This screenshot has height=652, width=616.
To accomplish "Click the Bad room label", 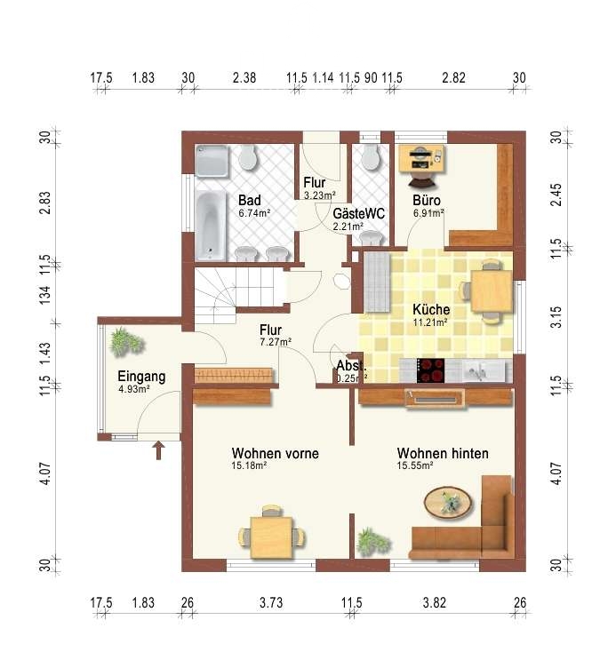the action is click(x=249, y=201).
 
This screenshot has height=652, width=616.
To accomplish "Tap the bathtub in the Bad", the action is click(x=212, y=225).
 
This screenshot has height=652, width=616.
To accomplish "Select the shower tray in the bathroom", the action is click(x=212, y=161).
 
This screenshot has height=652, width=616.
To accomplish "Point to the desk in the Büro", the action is click(x=421, y=158).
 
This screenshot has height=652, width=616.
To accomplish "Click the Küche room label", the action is click(x=431, y=310).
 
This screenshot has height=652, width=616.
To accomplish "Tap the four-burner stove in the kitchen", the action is click(x=430, y=370).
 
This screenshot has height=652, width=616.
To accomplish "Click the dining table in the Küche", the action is click(x=492, y=290).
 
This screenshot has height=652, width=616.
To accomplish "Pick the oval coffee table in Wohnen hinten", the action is click(x=448, y=502).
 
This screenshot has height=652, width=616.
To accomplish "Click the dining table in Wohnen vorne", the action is click(x=272, y=537).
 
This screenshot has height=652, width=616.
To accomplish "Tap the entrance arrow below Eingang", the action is click(x=158, y=450).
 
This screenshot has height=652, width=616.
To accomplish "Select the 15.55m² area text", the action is click(x=415, y=465).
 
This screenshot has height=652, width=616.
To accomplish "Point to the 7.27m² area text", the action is click(x=276, y=342).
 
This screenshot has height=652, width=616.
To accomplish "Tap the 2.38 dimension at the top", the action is click(x=244, y=77).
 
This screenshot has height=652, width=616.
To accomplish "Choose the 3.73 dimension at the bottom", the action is click(x=271, y=602).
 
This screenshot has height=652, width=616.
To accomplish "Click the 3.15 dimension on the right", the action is click(x=556, y=317).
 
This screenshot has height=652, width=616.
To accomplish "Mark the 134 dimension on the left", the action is click(x=45, y=295).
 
